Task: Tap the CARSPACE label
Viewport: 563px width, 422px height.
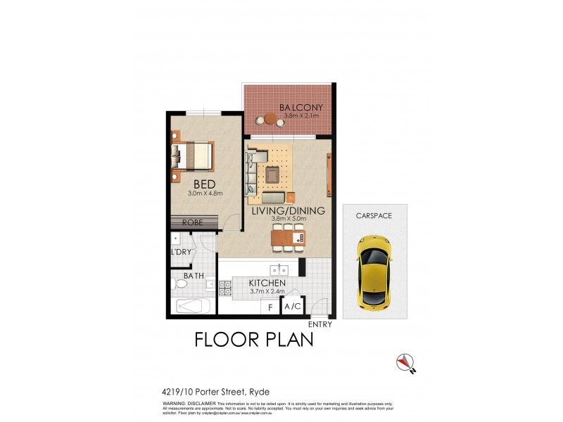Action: [x=373, y=215]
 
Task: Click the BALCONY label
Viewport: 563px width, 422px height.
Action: [x=301, y=108]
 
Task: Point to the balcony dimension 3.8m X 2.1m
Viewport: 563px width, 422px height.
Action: [x=301, y=116]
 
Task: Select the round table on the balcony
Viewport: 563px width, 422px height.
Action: [x=271, y=120]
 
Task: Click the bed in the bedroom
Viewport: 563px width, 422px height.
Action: [x=193, y=155]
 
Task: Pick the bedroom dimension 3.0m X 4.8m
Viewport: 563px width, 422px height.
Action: [x=205, y=193]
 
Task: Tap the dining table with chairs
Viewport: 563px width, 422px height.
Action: [x=289, y=238]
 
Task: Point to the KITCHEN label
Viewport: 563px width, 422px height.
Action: [x=267, y=283]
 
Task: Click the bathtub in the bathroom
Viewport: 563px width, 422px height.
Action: [x=192, y=307]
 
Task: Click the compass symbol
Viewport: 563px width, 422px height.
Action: [x=404, y=361]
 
